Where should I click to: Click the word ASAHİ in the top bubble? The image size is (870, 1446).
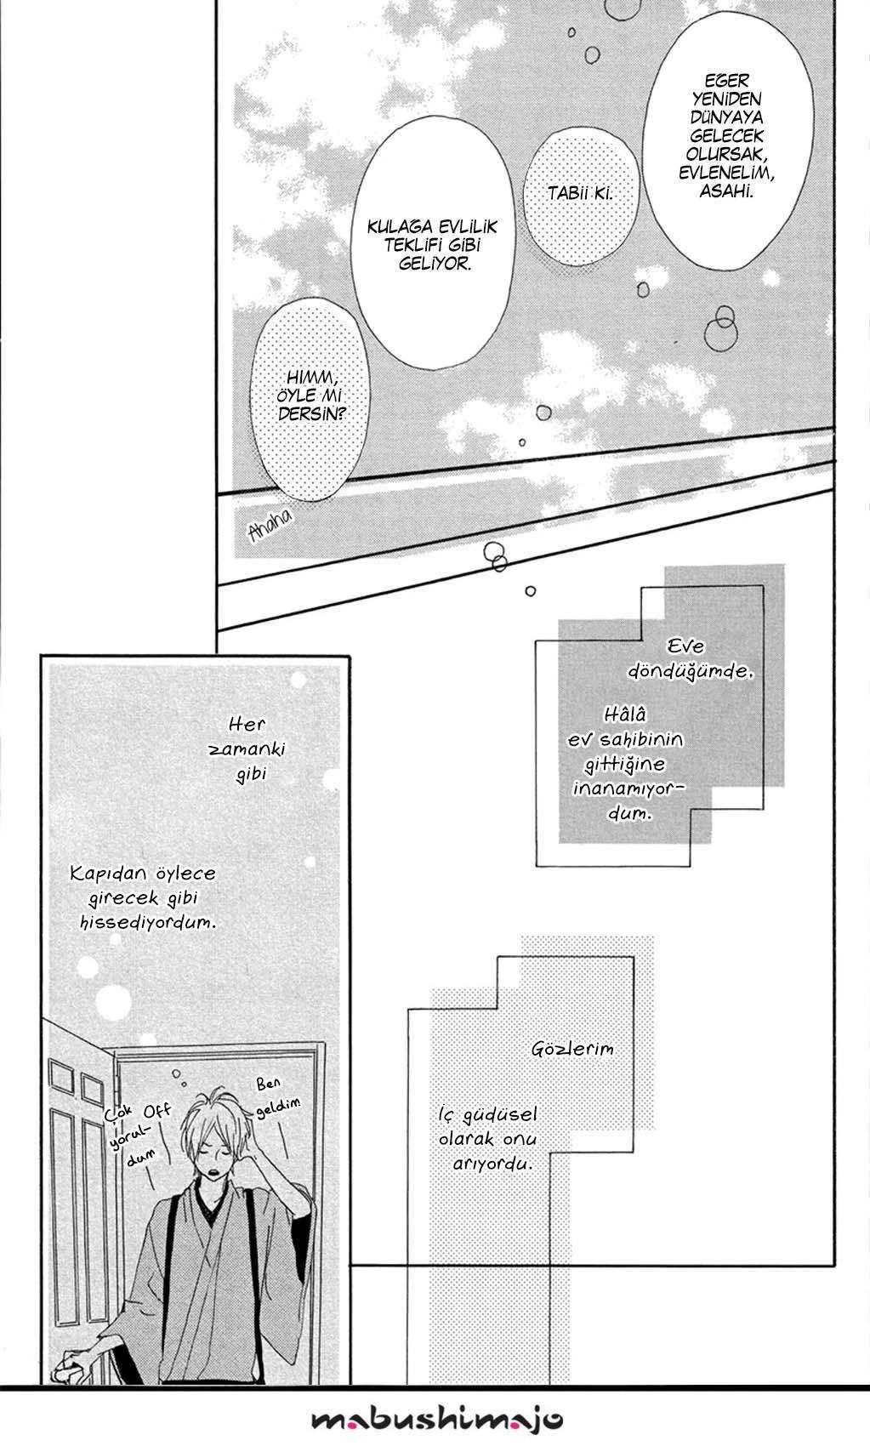point(726,191)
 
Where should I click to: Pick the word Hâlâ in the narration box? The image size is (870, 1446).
point(625,714)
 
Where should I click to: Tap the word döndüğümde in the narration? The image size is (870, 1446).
point(690,671)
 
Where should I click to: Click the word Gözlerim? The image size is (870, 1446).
point(572,1049)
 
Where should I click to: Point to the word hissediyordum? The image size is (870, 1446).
point(148,923)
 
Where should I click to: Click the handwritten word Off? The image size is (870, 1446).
point(157,1111)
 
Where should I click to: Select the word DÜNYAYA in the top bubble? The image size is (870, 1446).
point(726,117)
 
